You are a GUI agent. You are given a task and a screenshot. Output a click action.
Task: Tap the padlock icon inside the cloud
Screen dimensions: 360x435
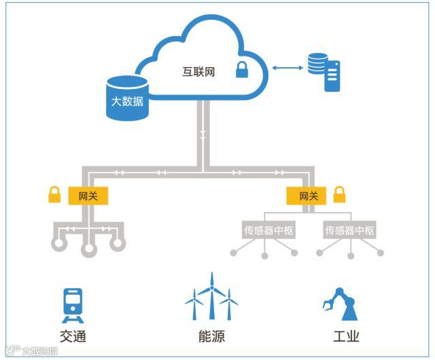point(241,69)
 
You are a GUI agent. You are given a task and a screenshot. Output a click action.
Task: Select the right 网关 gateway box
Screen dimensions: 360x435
point(309,196)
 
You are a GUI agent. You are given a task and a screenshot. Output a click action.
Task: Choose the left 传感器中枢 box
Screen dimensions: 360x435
point(268,230)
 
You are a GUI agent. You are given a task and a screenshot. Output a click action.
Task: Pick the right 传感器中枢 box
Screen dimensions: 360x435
point(350,230)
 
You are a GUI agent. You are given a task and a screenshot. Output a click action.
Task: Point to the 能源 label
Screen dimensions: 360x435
point(210,336)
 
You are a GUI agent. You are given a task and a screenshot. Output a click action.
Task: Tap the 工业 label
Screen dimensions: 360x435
point(346,336)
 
